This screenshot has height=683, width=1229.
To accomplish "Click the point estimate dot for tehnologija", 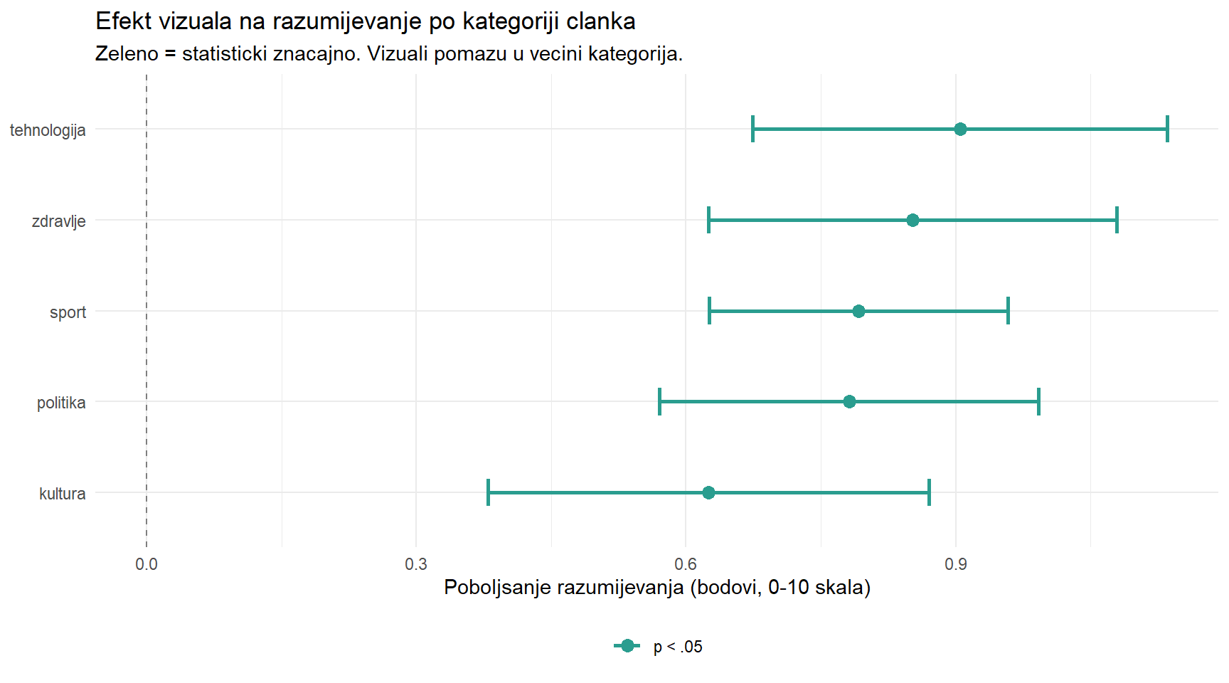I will click(960, 129).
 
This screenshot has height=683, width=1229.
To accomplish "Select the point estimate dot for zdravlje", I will click(913, 221).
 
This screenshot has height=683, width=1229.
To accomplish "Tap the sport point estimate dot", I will click(858, 312).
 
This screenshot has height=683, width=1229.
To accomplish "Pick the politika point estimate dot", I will click(849, 402).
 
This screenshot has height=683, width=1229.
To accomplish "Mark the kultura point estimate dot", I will click(708, 493).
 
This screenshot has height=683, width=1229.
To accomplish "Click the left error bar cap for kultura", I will click(488, 493).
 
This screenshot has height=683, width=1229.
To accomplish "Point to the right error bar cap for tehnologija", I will click(1167, 129).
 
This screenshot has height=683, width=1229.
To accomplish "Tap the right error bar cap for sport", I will click(1008, 312).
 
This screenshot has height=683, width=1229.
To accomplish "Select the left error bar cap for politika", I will click(660, 402).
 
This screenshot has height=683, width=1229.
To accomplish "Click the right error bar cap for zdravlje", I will click(1117, 221).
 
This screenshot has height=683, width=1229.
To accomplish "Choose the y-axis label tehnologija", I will click(48, 130).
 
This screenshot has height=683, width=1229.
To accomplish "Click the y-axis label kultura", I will click(62, 494).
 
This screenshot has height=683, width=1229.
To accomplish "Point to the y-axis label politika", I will click(61, 403).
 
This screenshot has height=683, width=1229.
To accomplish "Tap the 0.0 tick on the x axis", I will click(147, 565).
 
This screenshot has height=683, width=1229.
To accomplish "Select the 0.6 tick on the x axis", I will click(686, 565).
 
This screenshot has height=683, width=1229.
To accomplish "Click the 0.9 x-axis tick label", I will click(956, 565).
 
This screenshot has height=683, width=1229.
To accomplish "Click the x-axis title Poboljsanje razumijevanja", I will click(656, 588).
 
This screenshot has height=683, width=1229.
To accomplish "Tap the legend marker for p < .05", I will click(627, 646).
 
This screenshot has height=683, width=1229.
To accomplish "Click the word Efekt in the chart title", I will click(124, 21).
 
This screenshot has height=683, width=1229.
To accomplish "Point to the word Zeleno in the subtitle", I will click(127, 54).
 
